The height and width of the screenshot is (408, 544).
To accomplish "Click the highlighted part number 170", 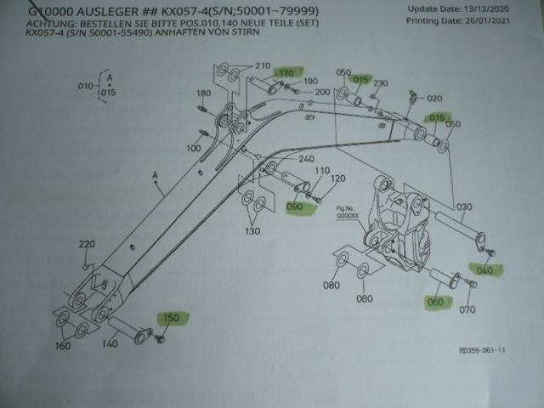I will tap(285, 73).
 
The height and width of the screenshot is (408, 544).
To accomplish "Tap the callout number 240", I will tap(307, 159).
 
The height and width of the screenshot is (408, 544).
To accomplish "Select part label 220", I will tap(86, 246).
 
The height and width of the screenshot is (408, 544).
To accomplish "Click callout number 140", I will tap(110, 344).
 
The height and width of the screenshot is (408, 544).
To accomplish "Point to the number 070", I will tap(467, 310).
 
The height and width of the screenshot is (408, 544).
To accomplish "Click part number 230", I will tap(380, 82).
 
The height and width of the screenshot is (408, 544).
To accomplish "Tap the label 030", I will tap(463, 207).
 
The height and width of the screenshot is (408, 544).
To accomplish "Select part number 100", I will tap(193, 148).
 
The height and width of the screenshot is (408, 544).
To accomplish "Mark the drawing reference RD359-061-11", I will tap(483, 348).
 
